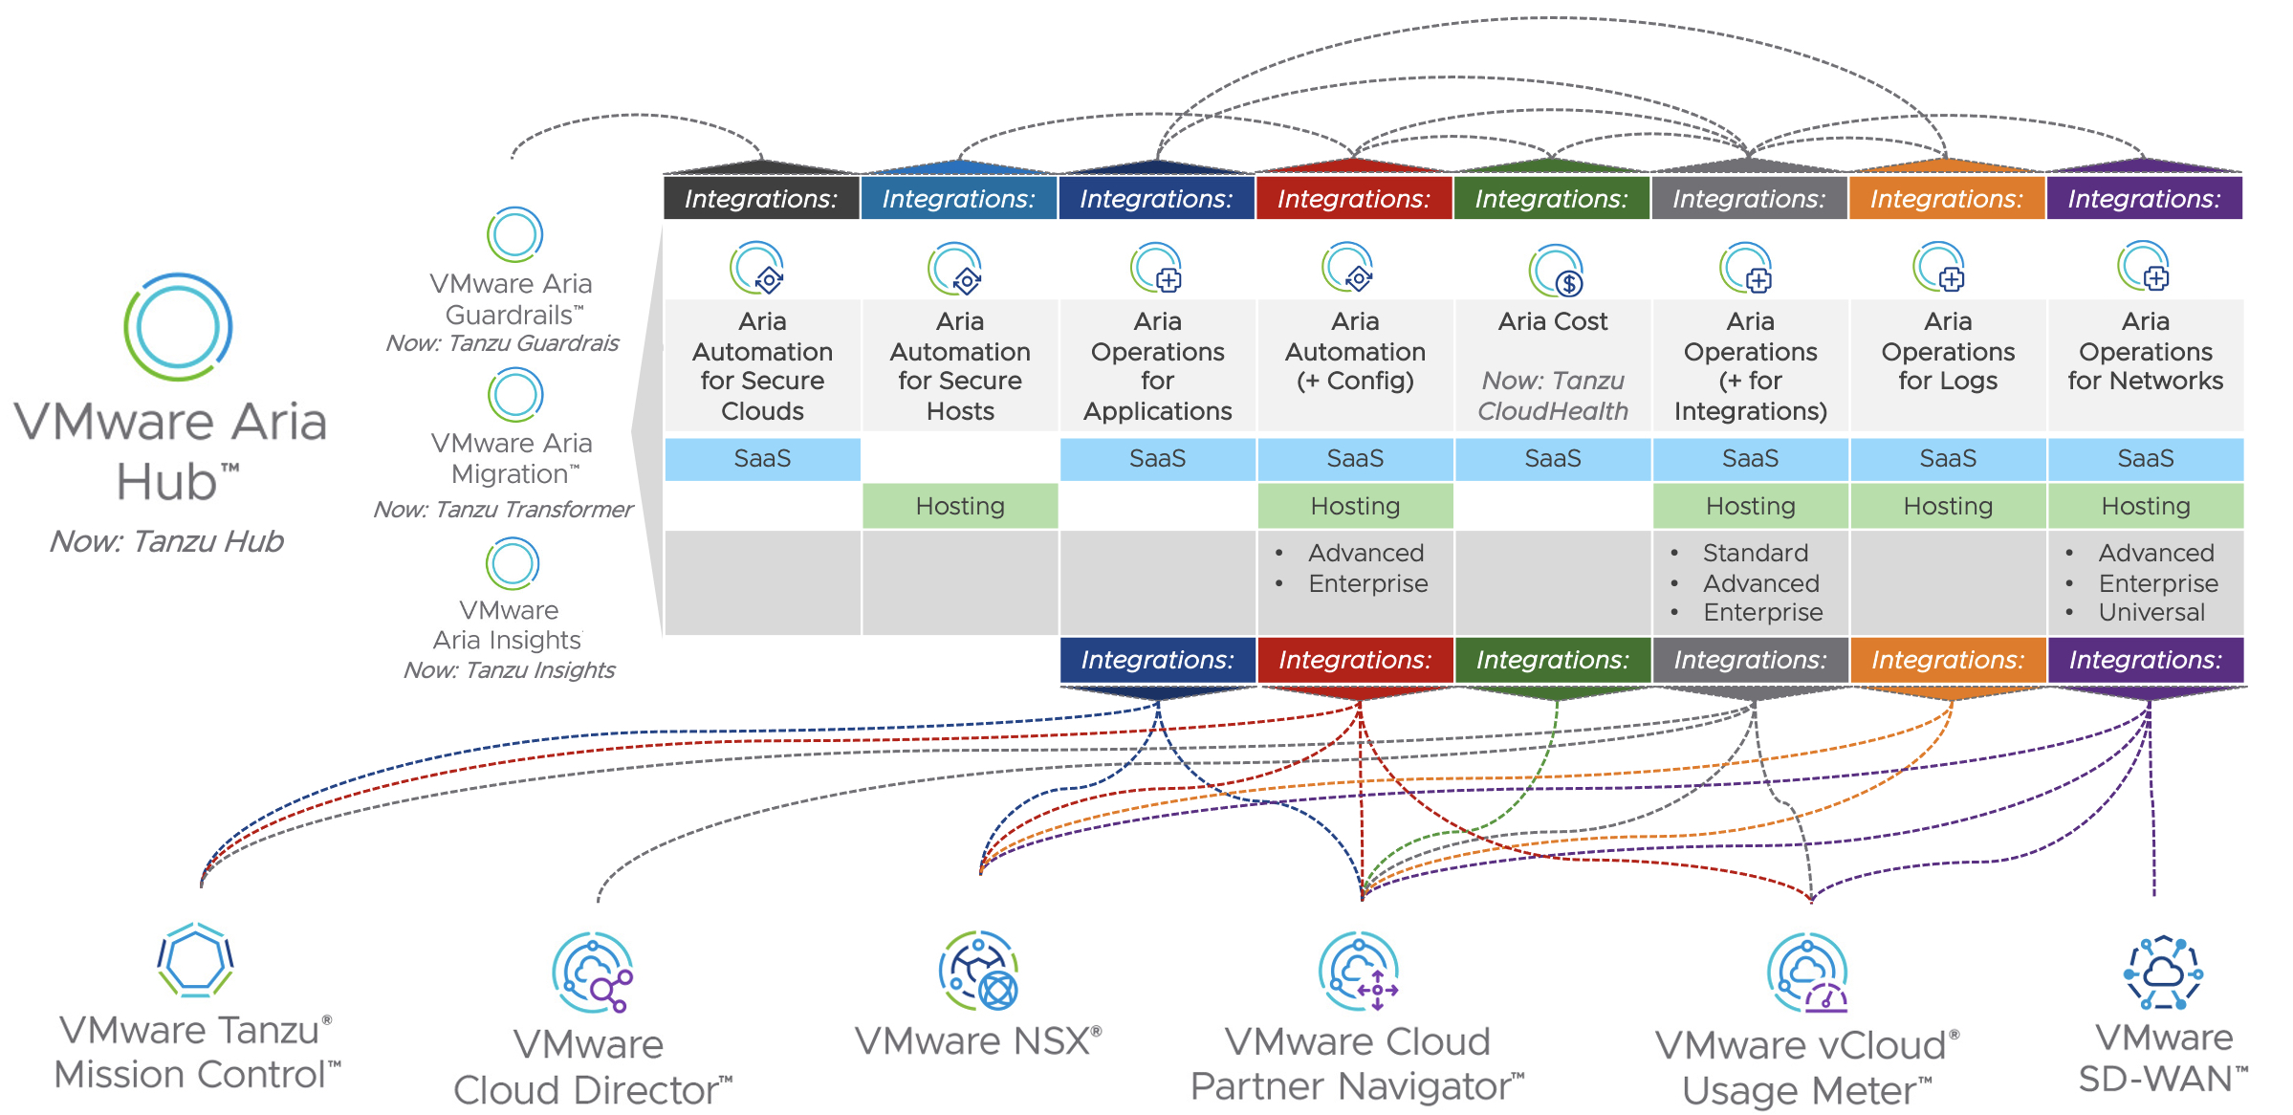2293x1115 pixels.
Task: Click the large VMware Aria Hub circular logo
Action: [178, 327]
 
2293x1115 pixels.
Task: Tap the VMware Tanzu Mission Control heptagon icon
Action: [195, 960]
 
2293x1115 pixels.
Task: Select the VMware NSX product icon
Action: [978, 971]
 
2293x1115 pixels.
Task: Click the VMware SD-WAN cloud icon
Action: [2163, 973]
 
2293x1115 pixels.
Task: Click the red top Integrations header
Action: [1354, 198]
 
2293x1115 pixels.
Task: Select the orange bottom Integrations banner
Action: [1948, 660]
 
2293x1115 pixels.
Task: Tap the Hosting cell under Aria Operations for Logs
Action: [1948, 506]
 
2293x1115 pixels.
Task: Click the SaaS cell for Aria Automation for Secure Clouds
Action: [762, 459]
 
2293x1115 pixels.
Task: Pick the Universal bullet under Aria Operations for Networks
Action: [2151, 613]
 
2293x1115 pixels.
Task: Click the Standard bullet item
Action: [1755, 553]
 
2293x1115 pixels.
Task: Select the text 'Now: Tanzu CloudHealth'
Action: [1553, 396]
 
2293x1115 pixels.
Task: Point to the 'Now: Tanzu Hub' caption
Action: [167, 541]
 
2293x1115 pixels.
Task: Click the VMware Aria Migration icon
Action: [515, 395]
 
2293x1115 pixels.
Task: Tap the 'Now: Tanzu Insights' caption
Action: [509, 670]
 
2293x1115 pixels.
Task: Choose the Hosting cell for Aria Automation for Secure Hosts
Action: [960, 506]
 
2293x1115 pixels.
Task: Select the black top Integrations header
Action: [761, 198]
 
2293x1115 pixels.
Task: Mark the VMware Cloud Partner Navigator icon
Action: [1358, 972]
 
